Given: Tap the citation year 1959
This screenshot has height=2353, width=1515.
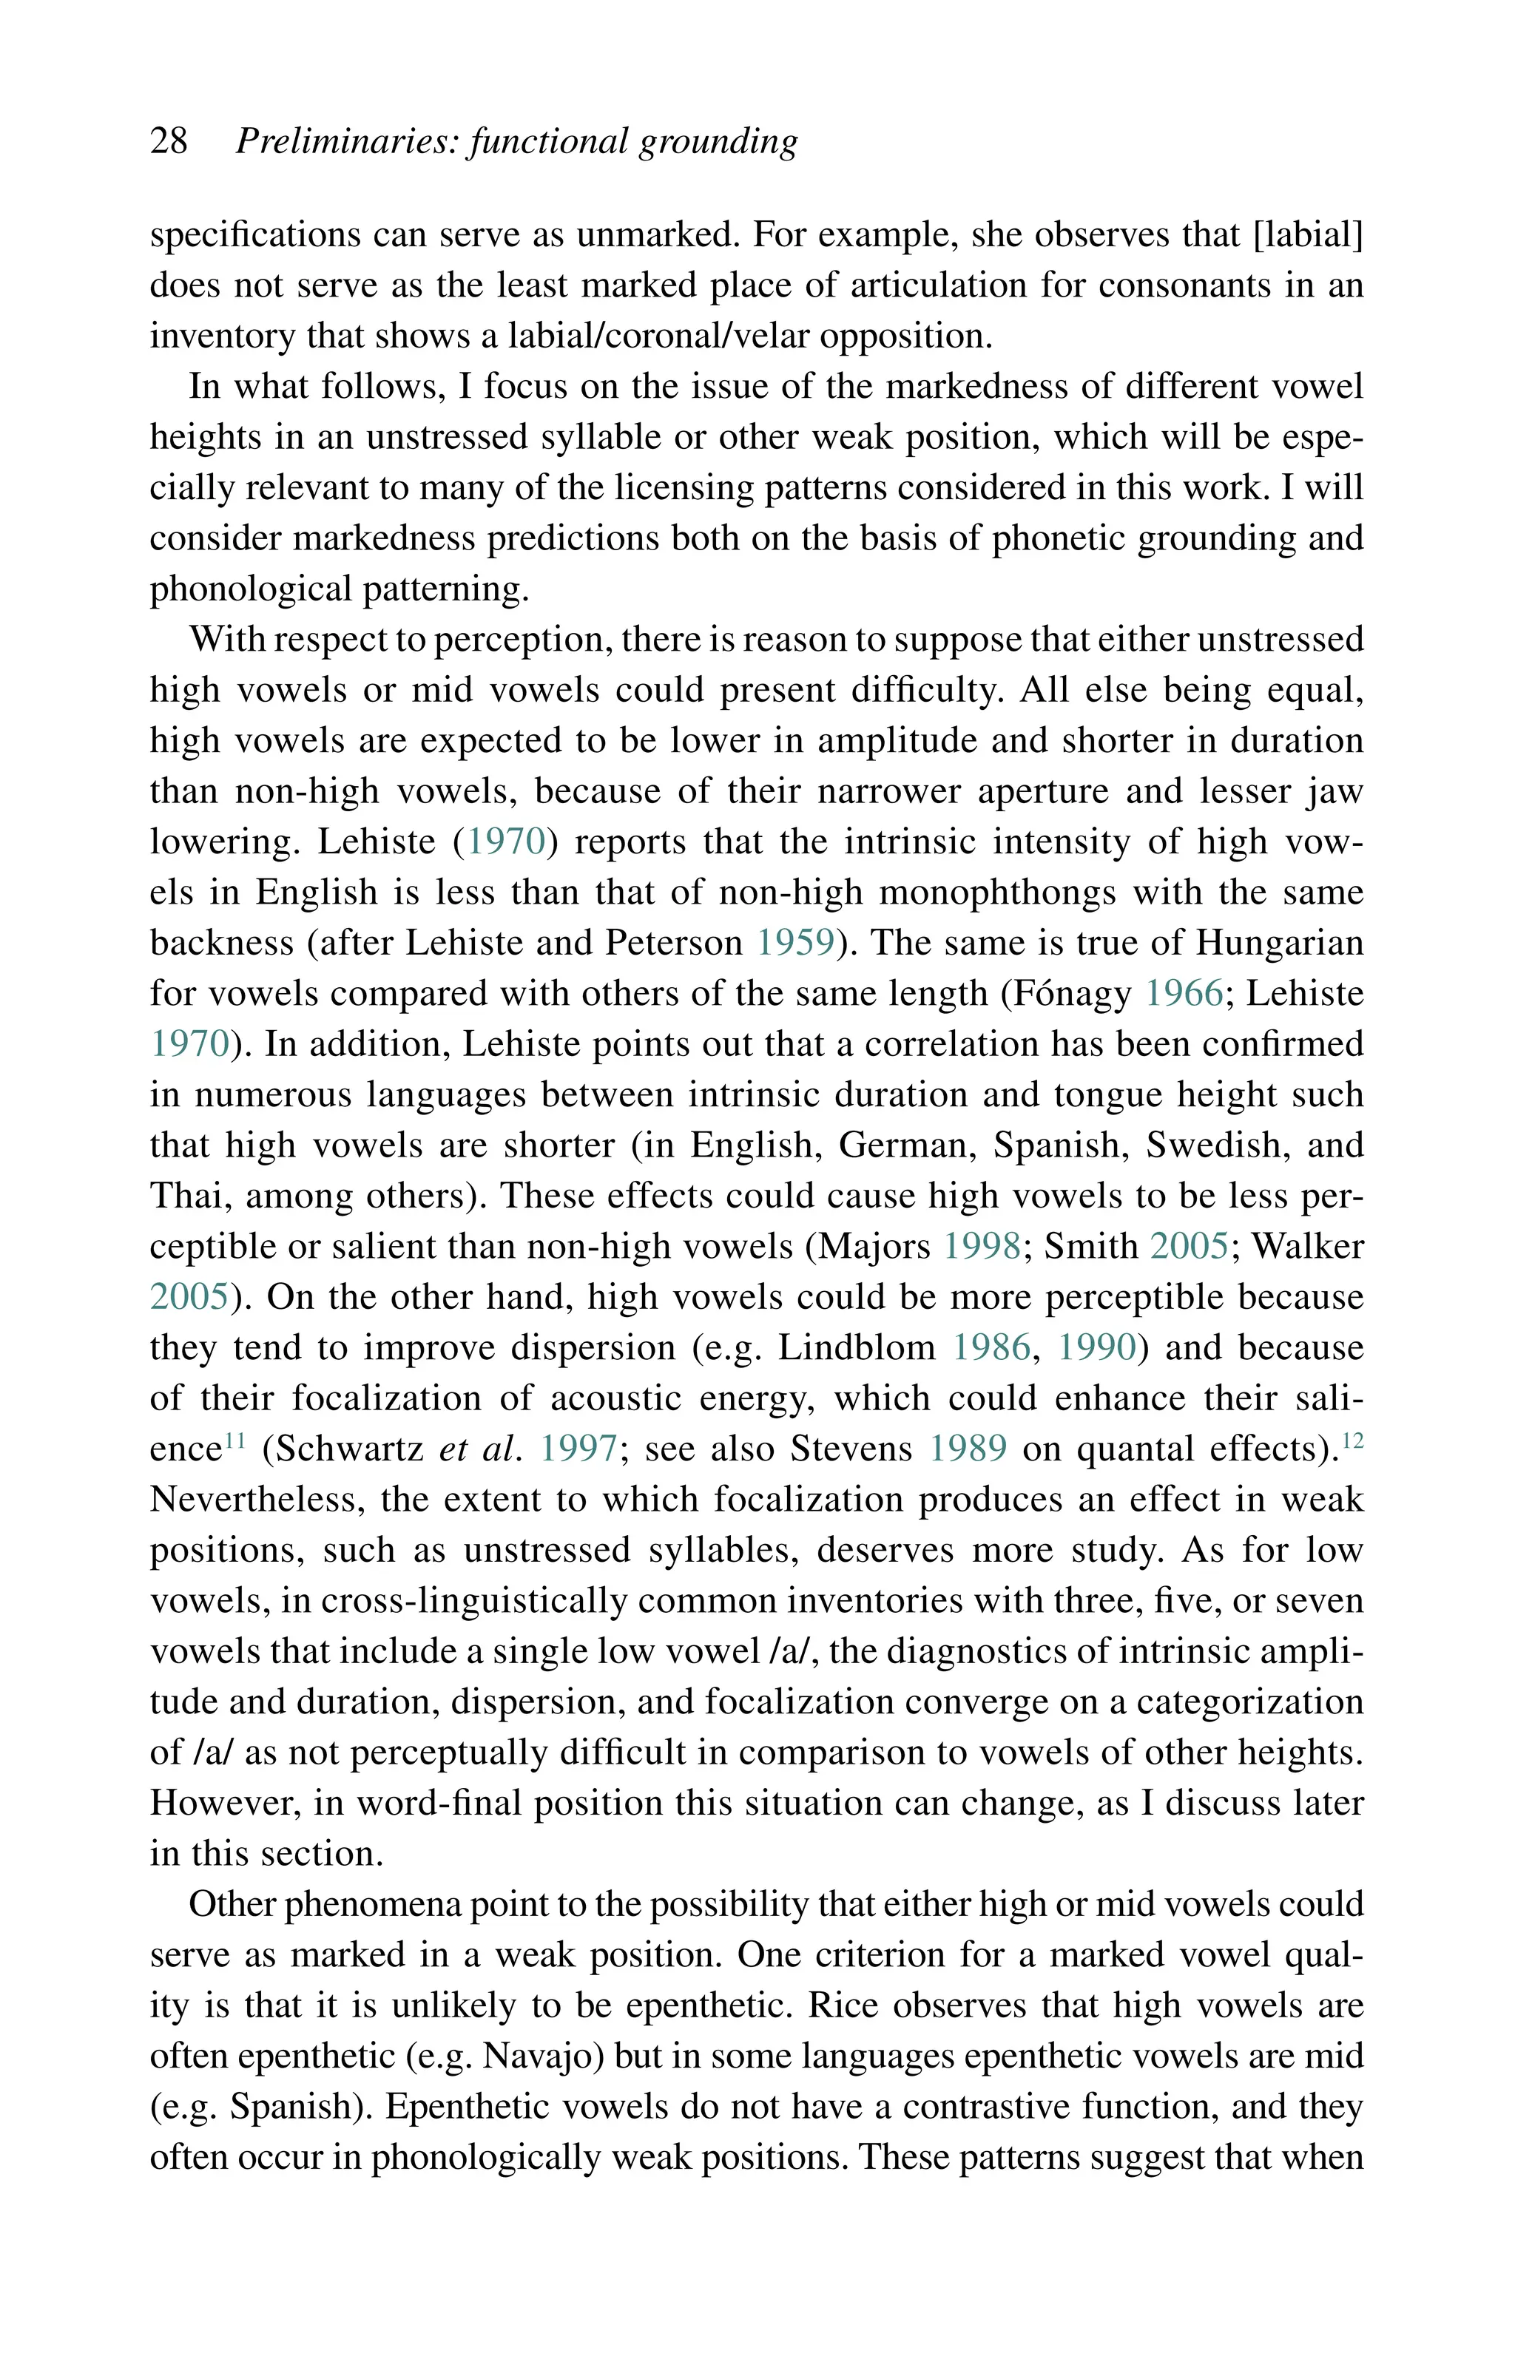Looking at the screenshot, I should coord(796,943).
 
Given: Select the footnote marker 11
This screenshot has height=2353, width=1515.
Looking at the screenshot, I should coord(234,1440).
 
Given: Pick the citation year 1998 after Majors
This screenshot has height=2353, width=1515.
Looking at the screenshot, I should coord(982,1247).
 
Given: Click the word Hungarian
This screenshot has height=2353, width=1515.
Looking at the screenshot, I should coord(1280,943).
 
